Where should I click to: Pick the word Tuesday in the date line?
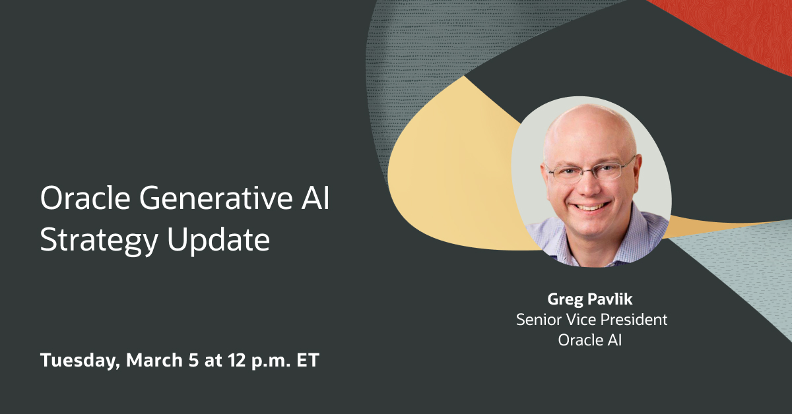[x=79, y=361]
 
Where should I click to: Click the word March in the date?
[x=150, y=361]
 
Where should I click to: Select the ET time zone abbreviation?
[x=308, y=361]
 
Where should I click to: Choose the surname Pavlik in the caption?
[x=606, y=299]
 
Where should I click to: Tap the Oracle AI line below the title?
[x=591, y=341]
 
